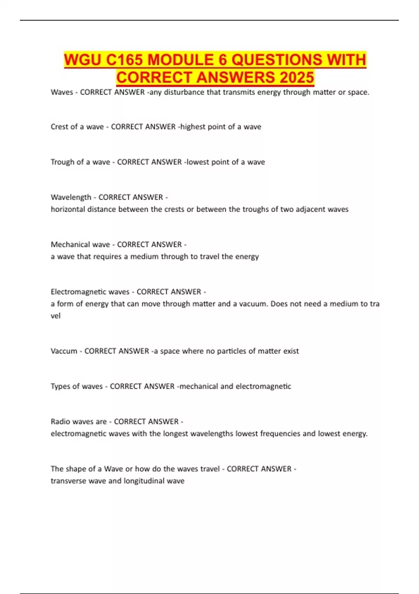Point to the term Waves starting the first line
tap(62, 92)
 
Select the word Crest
tap(59, 127)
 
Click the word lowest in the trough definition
tap(197, 162)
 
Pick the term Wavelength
tap(71, 197)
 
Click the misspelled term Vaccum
tap(64, 351)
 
